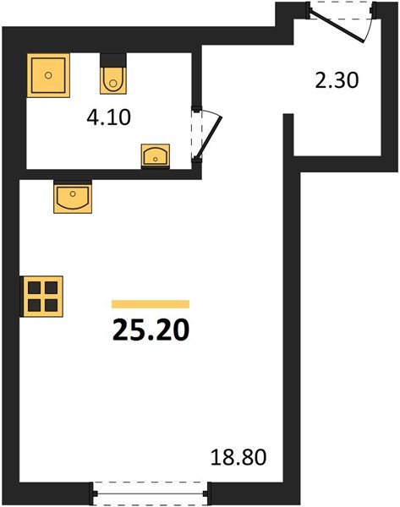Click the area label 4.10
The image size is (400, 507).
tap(109, 117)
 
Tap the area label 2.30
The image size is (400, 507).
tap(337, 80)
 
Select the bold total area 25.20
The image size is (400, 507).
tap(151, 330)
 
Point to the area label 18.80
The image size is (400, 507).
tap(238, 457)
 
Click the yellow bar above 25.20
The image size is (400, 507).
tap(151, 304)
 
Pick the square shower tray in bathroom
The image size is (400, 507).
tap(48, 75)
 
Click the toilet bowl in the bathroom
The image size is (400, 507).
tap(113, 80)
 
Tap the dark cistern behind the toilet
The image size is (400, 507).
tap(113, 60)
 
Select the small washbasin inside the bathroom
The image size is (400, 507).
tap(156, 155)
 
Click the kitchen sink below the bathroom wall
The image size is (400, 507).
tap(73, 197)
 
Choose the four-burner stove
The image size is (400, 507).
tap(41, 297)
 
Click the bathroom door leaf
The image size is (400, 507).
tap(209, 138)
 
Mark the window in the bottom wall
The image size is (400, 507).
tap(151, 493)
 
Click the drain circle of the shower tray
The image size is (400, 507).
tap(48, 75)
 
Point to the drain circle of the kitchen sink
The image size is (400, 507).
tap(73, 194)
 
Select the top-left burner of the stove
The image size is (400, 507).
tap(34, 287)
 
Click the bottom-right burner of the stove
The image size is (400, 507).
tap(51, 305)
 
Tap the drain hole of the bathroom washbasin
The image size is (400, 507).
tap(156, 159)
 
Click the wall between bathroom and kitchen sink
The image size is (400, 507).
tap(110, 174)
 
